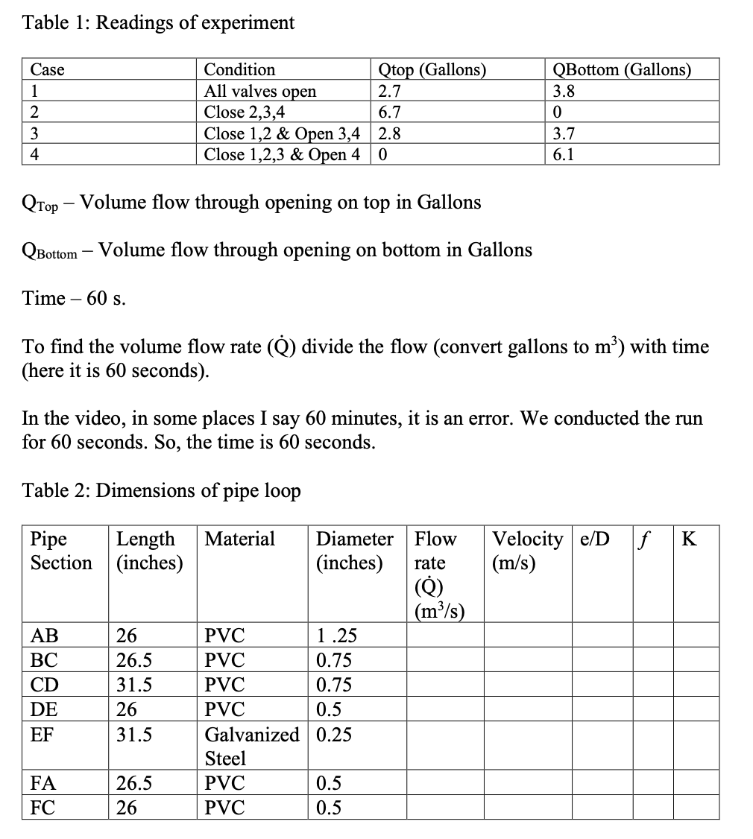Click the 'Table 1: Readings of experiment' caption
click(x=159, y=22)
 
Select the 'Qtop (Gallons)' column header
click(x=432, y=70)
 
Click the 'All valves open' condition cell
click(x=260, y=91)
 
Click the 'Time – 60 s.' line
click(x=75, y=299)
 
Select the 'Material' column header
click(x=240, y=539)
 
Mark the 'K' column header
click(x=690, y=539)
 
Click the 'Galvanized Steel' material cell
click(x=251, y=747)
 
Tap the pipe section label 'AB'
click(x=44, y=636)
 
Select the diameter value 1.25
click(x=336, y=636)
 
